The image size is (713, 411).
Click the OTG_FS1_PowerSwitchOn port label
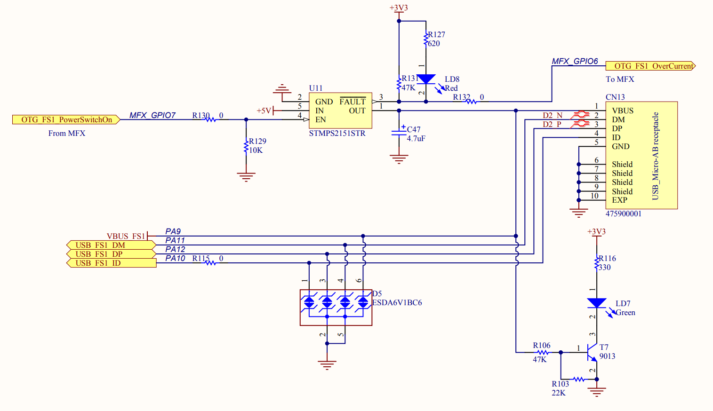(66, 120)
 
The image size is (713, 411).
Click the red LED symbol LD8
(426, 79)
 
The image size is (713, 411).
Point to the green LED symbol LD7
(597, 303)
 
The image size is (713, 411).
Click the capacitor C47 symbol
(399, 133)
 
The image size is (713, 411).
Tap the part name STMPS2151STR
(337, 134)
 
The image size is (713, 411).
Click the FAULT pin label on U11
(352, 102)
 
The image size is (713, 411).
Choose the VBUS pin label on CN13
(622, 111)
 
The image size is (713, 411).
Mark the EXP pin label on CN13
(619, 200)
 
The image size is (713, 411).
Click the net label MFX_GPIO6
(575, 61)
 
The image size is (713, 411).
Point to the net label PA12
(175, 249)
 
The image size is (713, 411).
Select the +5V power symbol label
(264, 111)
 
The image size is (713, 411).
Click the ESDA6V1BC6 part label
(397, 303)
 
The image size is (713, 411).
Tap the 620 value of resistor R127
(434, 44)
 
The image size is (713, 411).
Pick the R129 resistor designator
(257, 141)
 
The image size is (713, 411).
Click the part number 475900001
(623, 214)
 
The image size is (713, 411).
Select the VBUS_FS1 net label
(126, 236)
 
